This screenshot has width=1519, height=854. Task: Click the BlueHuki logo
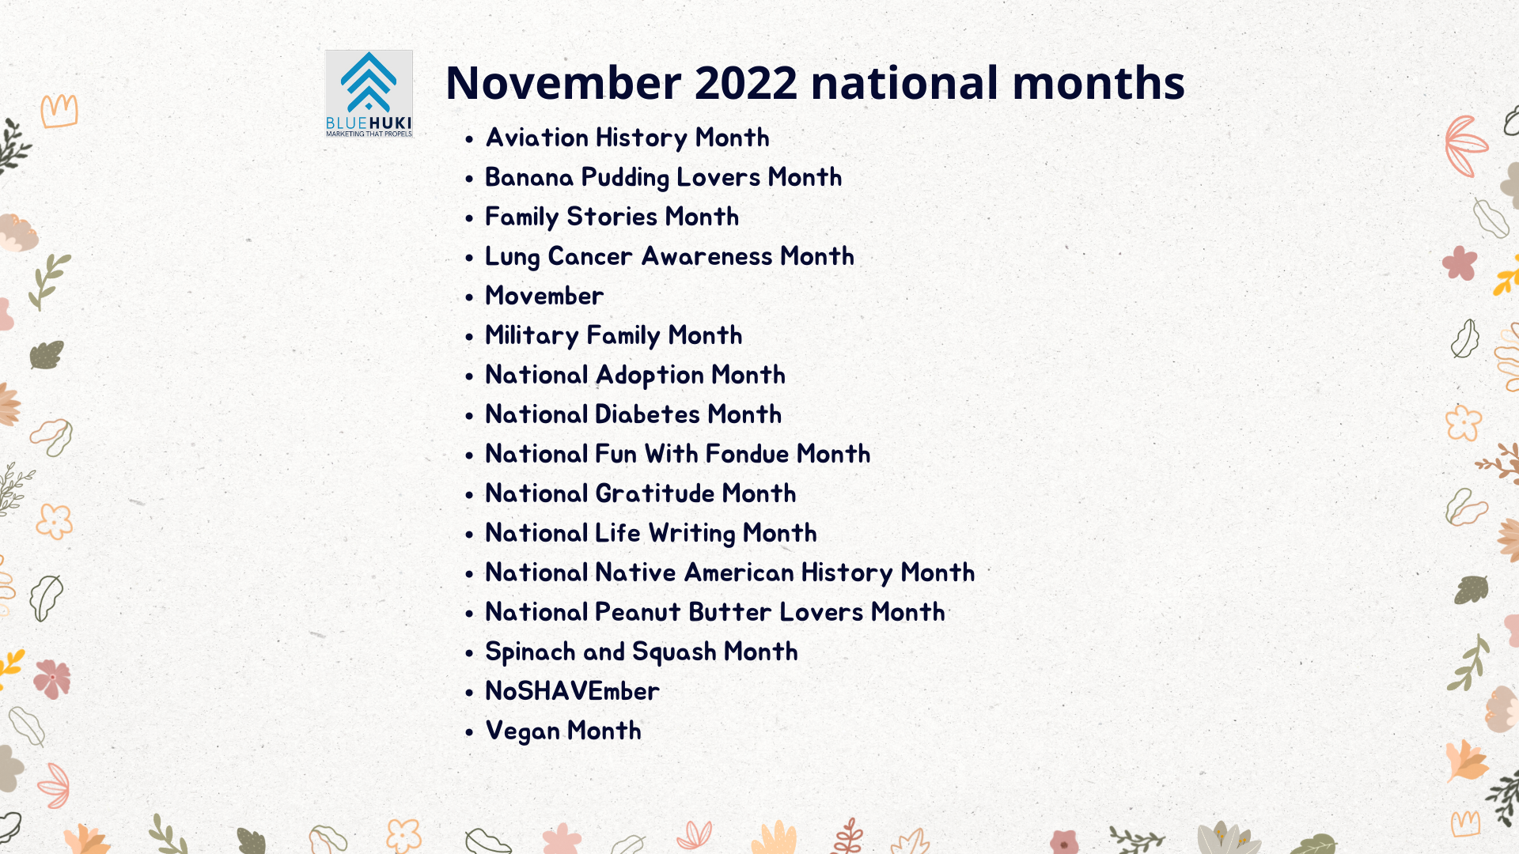tap(369, 94)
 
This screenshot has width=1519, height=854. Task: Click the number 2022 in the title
tap(746, 82)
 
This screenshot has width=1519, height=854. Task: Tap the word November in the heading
tap(563, 82)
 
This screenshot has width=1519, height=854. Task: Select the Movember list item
tap(544, 296)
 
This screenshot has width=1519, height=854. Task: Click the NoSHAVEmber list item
tap(572, 691)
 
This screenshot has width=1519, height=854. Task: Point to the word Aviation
tap(536, 138)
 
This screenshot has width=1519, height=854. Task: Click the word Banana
tap(529, 177)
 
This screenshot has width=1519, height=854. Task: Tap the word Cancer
tap(590, 256)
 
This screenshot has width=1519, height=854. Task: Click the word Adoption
tap(650, 376)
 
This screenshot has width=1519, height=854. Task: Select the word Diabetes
tap(647, 414)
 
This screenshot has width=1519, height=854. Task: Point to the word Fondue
tap(748, 454)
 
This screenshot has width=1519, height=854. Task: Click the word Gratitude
tap(655, 493)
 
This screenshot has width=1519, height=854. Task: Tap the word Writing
tap(692, 534)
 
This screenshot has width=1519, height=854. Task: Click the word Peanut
tap(638, 612)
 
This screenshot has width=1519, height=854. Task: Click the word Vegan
tap(523, 731)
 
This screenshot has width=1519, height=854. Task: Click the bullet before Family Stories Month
tap(469, 218)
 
